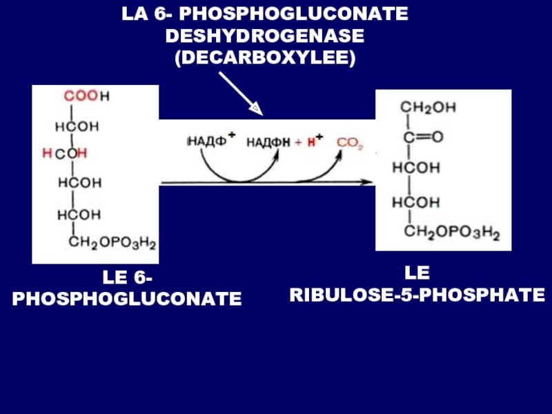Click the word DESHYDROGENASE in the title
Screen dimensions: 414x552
[265, 36]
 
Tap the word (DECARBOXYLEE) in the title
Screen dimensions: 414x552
[265, 58]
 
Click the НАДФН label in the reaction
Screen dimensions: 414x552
[267, 143]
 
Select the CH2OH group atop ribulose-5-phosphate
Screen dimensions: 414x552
[428, 108]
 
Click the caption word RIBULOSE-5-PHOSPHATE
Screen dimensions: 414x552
[417, 295]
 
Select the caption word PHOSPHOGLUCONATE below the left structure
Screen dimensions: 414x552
[127, 299]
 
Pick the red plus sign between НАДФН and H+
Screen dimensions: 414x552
[298, 143]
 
